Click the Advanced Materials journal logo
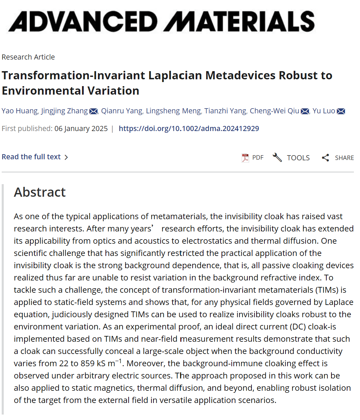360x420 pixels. pos(162,21)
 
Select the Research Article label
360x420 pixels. pos(28,57)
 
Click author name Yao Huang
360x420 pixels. pos(20,111)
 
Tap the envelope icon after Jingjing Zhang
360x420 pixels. pos(94,111)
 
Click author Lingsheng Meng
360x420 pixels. pos(173,111)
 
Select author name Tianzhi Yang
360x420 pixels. pos(225,111)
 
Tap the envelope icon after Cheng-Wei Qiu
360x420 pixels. pos(305,111)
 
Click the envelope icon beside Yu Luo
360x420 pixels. pos(341,111)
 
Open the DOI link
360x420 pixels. pos(189,129)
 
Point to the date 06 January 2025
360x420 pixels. pos(81,129)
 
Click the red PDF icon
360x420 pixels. pos(245,158)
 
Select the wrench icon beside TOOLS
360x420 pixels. pos(277,157)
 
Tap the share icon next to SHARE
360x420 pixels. pos(326,158)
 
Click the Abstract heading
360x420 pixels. pos(40,192)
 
